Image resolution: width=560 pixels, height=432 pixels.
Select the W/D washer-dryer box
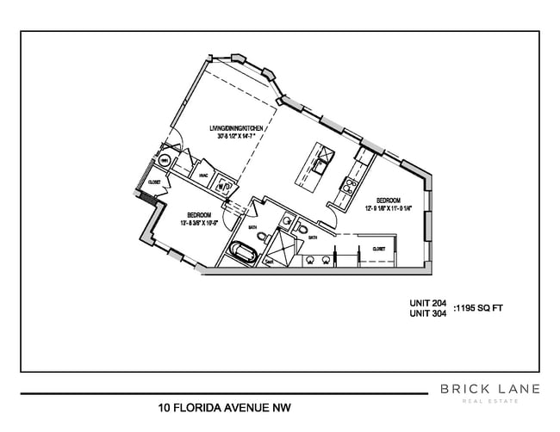(x=223, y=184)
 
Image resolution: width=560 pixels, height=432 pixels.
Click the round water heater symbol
(x=163, y=161)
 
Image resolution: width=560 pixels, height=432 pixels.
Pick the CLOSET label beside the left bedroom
(x=155, y=182)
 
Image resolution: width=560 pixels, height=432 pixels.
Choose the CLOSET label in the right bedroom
(x=379, y=248)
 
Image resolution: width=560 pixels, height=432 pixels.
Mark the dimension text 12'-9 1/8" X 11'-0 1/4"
(x=389, y=207)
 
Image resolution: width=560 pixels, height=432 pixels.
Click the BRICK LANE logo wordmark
(x=490, y=389)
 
